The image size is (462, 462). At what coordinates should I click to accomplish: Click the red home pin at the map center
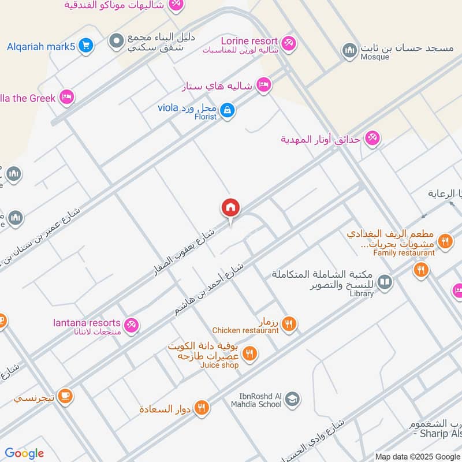coord(230,208)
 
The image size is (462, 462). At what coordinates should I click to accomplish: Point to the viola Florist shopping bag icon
coord(228,109)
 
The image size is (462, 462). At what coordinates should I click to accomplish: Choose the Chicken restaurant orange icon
coord(290,325)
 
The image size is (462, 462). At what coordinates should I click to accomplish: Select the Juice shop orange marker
coord(249,353)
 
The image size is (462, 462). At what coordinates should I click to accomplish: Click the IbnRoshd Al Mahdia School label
coord(260,400)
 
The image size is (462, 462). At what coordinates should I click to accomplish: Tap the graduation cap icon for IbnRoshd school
coord(293,398)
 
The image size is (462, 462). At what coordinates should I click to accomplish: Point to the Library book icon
coord(385,282)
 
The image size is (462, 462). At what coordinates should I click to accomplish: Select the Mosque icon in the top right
coord(349,51)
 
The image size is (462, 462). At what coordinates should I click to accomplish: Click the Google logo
coord(24,453)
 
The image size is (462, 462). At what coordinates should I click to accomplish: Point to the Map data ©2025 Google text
coord(418,456)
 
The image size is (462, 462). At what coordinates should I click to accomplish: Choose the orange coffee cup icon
coord(65,395)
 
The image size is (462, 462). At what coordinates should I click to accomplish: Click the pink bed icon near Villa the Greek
coord(67,97)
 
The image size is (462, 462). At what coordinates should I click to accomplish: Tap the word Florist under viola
coord(205,117)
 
